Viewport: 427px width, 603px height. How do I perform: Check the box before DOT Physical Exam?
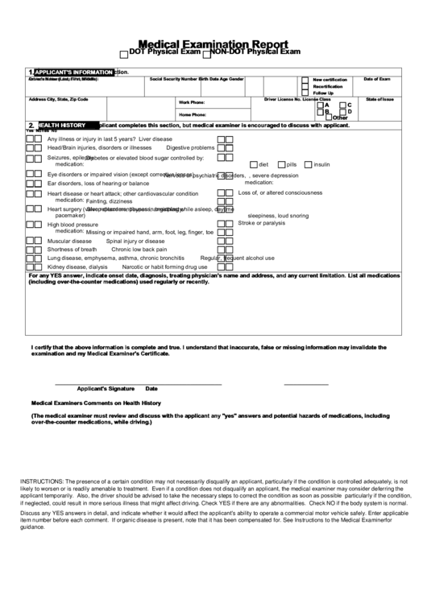click(123, 54)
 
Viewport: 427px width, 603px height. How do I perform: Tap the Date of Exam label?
click(376, 80)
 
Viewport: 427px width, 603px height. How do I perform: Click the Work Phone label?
click(192, 103)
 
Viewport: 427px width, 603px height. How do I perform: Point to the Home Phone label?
click(192, 115)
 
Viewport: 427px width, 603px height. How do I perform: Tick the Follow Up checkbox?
click(305, 93)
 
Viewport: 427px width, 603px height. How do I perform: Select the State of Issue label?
click(379, 99)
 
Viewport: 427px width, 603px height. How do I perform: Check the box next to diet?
click(252, 164)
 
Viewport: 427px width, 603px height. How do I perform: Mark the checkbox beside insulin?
click(308, 164)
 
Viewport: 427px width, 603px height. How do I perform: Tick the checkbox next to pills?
click(280, 164)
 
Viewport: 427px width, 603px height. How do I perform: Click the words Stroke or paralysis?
click(261, 223)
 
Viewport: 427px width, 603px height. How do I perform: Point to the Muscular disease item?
click(69, 241)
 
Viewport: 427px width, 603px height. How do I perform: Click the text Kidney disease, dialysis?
click(77, 266)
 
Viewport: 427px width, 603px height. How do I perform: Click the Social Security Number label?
click(172, 80)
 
